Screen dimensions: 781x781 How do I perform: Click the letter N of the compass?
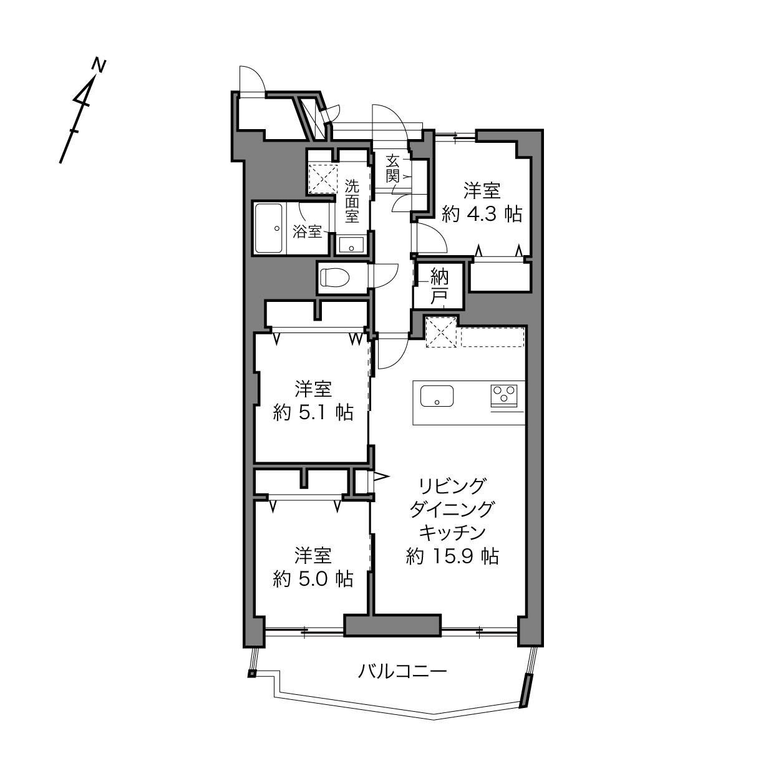(99, 65)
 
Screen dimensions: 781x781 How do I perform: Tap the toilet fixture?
(335, 278)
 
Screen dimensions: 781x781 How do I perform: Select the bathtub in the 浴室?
(269, 228)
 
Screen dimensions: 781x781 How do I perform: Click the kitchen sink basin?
(437, 396)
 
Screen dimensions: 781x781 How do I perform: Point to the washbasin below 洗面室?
(351, 245)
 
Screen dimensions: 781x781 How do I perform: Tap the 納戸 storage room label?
(439, 286)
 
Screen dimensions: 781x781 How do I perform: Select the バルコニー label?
(402, 671)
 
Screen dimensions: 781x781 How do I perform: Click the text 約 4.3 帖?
(482, 213)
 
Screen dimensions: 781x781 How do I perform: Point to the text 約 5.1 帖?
(313, 412)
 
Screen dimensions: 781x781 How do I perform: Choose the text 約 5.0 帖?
(313, 579)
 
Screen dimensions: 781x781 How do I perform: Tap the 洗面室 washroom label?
(352, 201)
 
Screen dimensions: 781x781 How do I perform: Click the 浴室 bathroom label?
(307, 231)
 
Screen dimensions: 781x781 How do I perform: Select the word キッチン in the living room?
(452, 533)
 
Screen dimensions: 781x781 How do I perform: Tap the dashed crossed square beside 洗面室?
(323, 178)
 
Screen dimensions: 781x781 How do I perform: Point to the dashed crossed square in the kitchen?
(441, 332)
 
